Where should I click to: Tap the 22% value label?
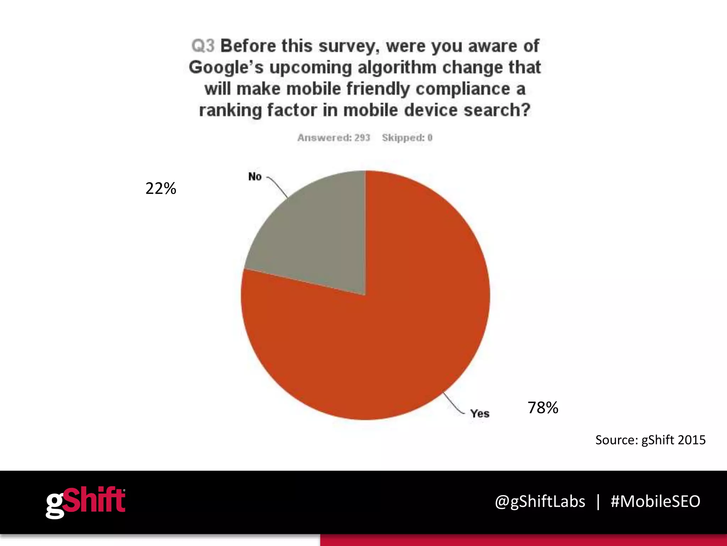pos(161,188)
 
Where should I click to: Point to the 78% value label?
pos(543,408)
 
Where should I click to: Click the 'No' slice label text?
pos(255,176)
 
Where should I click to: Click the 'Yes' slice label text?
pos(480,413)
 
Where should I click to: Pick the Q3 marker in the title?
pos(203,46)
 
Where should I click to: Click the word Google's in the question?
pos(226,68)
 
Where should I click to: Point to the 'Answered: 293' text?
pos(333,138)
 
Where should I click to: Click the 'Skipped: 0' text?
pos(407,138)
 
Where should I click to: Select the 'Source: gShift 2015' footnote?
pos(650,440)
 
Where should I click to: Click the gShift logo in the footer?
pos(86,502)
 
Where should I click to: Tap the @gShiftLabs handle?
pos(540,502)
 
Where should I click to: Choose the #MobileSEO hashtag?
pos(655,502)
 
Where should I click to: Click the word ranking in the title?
pos(230,110)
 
